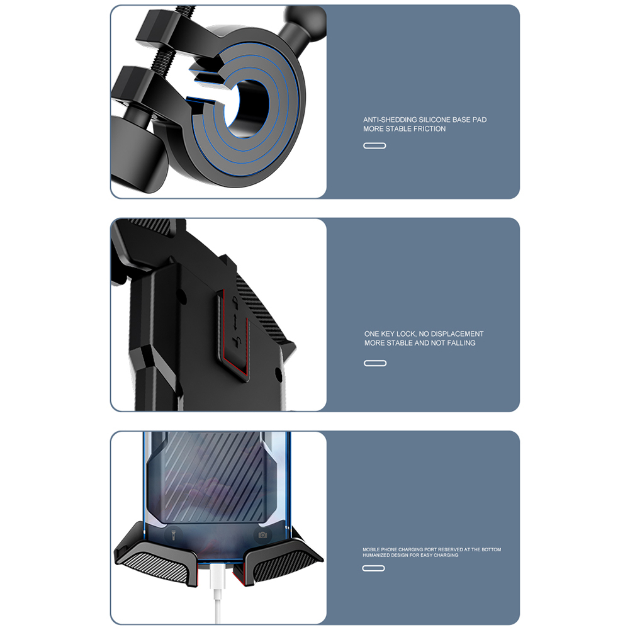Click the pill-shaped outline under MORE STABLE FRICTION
tap(374, 145)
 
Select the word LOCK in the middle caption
tap(406, 334)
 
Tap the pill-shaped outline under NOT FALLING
tap(375, 363)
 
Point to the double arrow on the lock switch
tap(237, 320)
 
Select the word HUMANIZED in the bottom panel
tap(373, 555)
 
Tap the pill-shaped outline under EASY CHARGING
tap(374, 568)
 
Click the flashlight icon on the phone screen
tap(173, 535)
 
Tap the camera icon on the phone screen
tap(263, 535)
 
